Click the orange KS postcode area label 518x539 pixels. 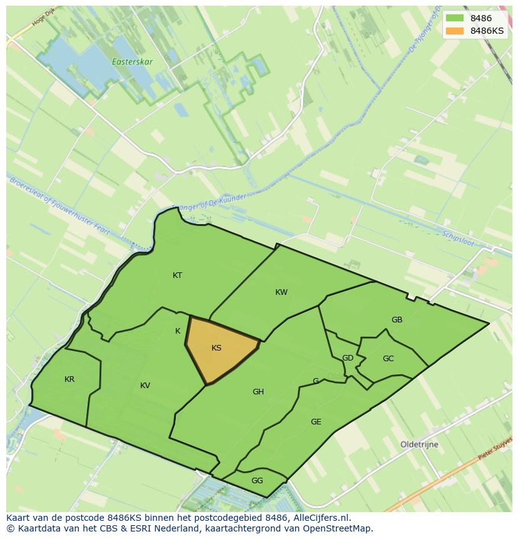[216, 348]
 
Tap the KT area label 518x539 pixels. [178, 275]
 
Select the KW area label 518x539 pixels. [282, 292]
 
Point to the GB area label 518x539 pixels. [397, 320]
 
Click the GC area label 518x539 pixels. [388, 359]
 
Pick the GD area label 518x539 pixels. [348, 358]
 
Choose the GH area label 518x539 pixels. [258, 392]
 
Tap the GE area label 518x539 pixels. [316, 422]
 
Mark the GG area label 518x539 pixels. [257, 481]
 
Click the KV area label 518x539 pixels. [145, 386]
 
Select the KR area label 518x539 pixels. [69, 379]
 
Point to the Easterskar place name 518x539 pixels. [130, 62]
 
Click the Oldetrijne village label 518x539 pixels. [419, 444]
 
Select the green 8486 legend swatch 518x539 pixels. [455, 18]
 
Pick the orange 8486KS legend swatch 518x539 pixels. [455, 31]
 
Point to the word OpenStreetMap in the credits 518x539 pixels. [337, 528]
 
